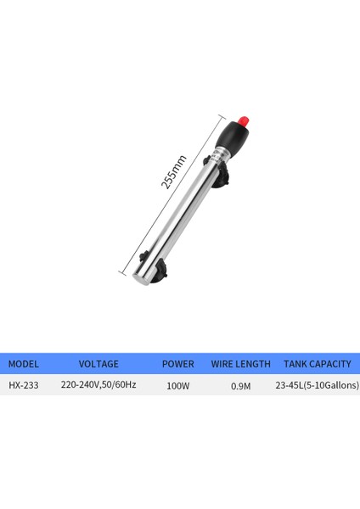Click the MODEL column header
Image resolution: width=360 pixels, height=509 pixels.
[x=24, y=364]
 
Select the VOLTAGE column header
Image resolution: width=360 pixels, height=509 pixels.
[x=98, y=364]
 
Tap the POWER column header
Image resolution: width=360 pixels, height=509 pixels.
[x=178, y=364]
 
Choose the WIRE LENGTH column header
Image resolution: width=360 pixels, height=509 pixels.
[x=240, y=364]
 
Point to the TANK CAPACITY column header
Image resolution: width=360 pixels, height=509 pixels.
[x=317, y=364]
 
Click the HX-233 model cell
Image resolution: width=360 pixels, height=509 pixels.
[x=23, y=386]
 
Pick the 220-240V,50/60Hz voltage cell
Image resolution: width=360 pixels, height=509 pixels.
[x=98, y=386]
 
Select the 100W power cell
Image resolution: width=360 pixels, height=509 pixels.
[x=177, y=386]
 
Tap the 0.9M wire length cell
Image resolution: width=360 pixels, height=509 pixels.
[x=240, y=386]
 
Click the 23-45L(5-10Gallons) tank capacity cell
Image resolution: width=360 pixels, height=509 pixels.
[x=317, y=386]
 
